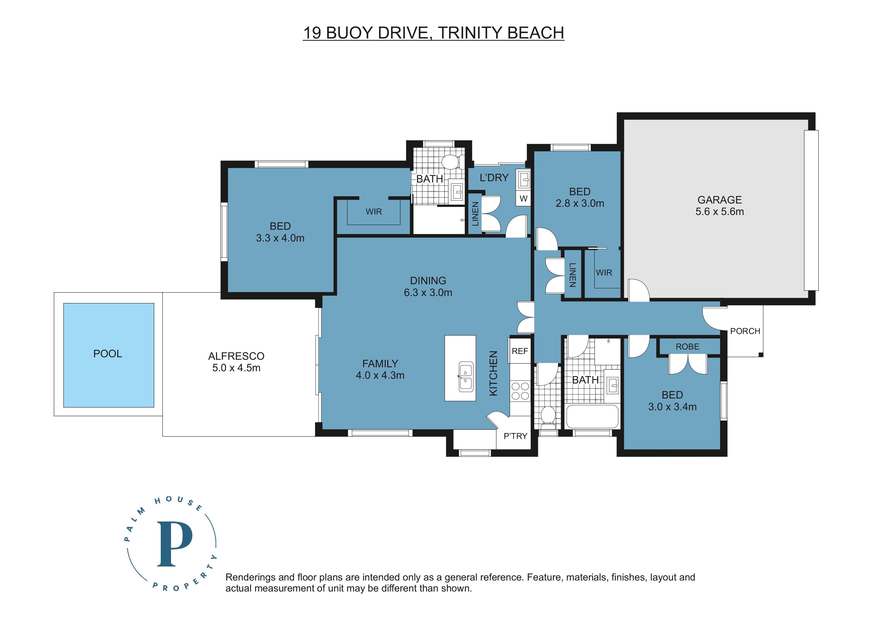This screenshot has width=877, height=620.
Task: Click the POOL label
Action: point(108,354)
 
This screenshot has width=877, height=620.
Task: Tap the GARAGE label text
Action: point(720,200)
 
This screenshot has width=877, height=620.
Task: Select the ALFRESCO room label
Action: point(236,356)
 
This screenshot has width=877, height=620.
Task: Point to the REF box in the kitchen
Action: point(520,351)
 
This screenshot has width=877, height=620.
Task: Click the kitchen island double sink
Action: point(465,377)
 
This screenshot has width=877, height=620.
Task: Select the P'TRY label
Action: point(515,436)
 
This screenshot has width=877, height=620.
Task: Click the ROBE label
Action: point(687,347)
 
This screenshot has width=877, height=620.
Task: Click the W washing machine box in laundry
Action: point(523,199)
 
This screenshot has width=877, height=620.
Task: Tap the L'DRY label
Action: point(494,178)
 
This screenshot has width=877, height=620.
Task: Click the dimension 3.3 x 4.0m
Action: point(280,238)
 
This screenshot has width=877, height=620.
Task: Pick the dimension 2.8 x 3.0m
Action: point(580,203)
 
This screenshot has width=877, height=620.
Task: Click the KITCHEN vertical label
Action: point(493,373)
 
